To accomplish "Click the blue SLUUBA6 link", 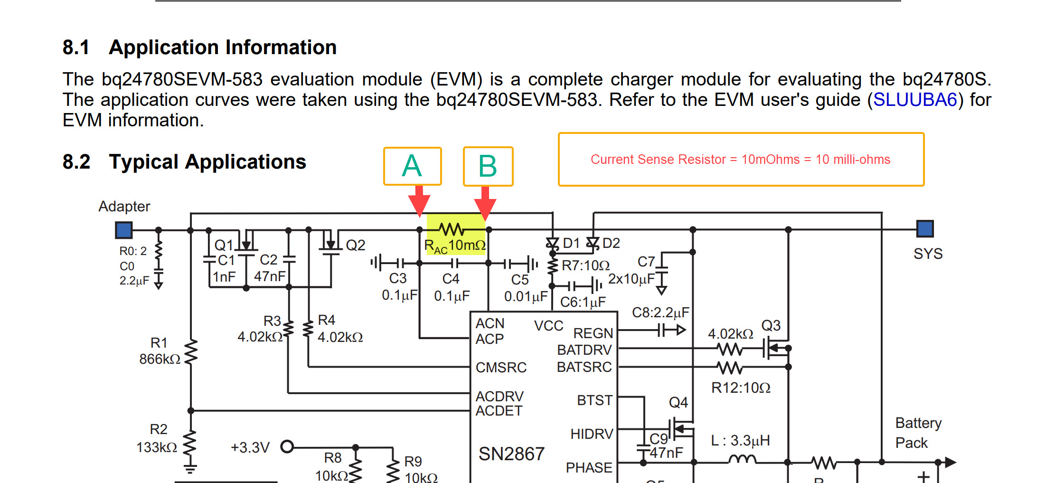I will click(x=915, y=100).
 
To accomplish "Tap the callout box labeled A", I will click(x=412, y=166).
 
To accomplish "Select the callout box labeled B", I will click(x=488, y=166).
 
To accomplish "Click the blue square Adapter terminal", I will click(x=124, y=230).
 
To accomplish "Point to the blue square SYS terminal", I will click(x=925, y=228).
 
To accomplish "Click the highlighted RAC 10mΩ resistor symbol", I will click(x=452, y=230).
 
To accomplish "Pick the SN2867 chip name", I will click(x=511, y=454).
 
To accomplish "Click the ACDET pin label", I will click(x=499, y=411).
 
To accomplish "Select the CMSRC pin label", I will click(x=501, y=368).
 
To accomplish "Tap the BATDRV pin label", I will click(x=584, y=350).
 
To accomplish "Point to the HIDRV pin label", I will click(x=592, y=434).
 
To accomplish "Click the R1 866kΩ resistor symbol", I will click(x=191, y=352).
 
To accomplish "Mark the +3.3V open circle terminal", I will click(x=287, y=447).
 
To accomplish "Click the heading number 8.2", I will click(x=76, y=162).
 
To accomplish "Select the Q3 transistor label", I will click(x=771, y=326).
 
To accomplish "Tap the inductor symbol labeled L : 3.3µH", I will click(x=742, y=459).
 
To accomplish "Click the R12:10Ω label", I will click(x=741, y=388).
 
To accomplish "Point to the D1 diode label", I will click(x=571, y=244).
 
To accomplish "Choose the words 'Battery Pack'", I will click(x=918, y=433).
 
